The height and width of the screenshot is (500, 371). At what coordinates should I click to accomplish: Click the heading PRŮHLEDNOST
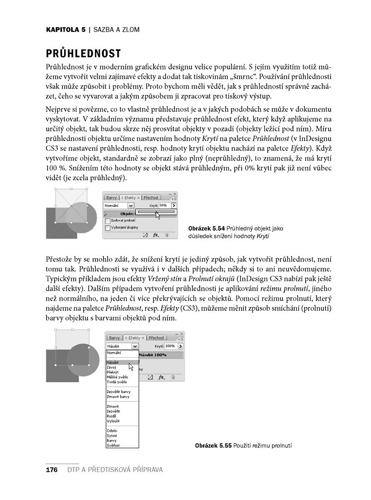pyautogui.click(x=84, y=54)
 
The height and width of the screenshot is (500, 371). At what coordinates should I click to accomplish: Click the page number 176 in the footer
pyautogui.click(x=51, y=470)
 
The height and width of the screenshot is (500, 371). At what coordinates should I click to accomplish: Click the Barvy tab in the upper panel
pyautogui.click(x=111, y=197)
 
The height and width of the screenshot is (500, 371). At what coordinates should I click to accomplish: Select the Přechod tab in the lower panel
pyautogui.click(x=156, y=338)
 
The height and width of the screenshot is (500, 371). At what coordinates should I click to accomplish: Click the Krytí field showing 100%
pyautogui.click(x=171, y=346)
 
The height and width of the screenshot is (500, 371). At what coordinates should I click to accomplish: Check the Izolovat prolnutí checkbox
pyautogui.click(x=108, y=220)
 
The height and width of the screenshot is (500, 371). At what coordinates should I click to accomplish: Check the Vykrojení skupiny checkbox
pyautogui.click(x=108, y=227)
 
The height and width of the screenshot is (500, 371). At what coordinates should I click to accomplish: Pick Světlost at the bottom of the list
pyautogui.click(x=113, y=445)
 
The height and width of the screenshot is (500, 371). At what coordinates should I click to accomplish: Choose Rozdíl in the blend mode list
pyautogui.click(x=112, y=416)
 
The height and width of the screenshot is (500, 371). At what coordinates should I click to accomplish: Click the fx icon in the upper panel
pyautogui.click(x=156, y=234)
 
